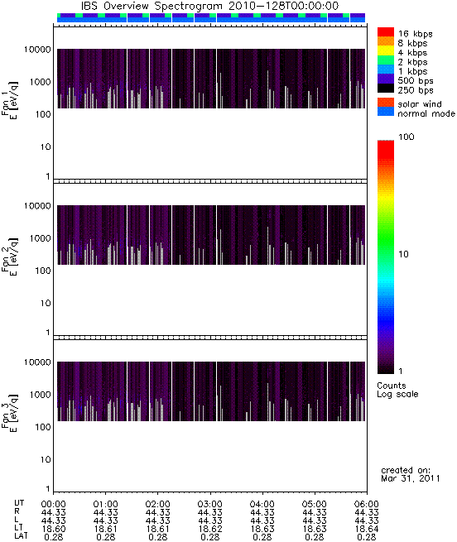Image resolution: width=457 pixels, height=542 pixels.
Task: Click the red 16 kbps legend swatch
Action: (x=386, y=31)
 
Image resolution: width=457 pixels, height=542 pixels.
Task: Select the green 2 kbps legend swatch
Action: (x=386, y=60)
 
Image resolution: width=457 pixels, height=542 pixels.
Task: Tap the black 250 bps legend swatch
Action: (x=386, y=89)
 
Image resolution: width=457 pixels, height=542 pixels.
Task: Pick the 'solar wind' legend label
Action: (x=420, y=104)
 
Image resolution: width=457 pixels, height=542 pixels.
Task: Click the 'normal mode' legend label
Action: (x=426, y=113)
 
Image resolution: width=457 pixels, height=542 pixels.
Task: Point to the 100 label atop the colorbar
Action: (x=406, y=137)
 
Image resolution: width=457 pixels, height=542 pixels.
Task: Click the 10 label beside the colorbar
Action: (x=403, y=254)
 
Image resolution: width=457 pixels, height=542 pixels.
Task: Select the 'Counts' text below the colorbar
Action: (x=392, y=386)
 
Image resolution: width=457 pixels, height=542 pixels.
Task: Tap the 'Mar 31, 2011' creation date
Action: (x=411, y=478)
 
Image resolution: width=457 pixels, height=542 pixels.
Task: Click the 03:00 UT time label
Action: (x=210, y=504)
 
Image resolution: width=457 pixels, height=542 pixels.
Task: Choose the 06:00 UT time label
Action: (x=367, y=504)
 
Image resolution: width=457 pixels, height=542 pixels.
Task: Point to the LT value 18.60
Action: (x=54, y=529)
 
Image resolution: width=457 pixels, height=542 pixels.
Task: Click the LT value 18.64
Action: (x=367, y=529)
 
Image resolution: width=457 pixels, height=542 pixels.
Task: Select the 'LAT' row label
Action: (x=21, y=536)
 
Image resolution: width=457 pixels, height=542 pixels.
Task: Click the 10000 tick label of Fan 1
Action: (x=37, y=50)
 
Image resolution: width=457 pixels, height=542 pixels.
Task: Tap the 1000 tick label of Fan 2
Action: (x=40, y=238)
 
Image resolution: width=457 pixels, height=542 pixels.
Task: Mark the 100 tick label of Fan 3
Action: (x=43, y=427)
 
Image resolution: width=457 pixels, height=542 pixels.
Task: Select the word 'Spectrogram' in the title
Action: (x=189, y=7)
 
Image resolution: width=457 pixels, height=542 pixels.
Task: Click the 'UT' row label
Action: (x=19, y=503)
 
